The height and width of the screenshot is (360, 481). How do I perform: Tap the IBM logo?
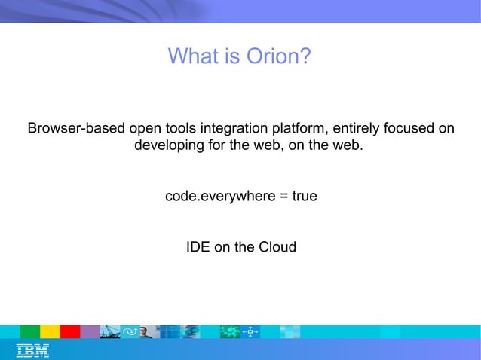tap(32, 350)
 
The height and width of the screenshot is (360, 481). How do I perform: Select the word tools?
tap(183, 128)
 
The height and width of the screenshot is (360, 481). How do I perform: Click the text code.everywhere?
tap(217, 196)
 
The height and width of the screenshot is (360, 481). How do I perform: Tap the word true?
tap(303, 196)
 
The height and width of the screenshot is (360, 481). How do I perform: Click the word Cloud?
tap(277, 247)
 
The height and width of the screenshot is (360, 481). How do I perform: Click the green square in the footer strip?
tap(29, 331)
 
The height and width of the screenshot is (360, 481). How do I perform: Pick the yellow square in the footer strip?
tap(50, 331)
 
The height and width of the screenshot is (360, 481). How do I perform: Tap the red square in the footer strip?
tap(70, 331)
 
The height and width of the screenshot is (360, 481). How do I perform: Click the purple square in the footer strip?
tap(90, 331)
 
